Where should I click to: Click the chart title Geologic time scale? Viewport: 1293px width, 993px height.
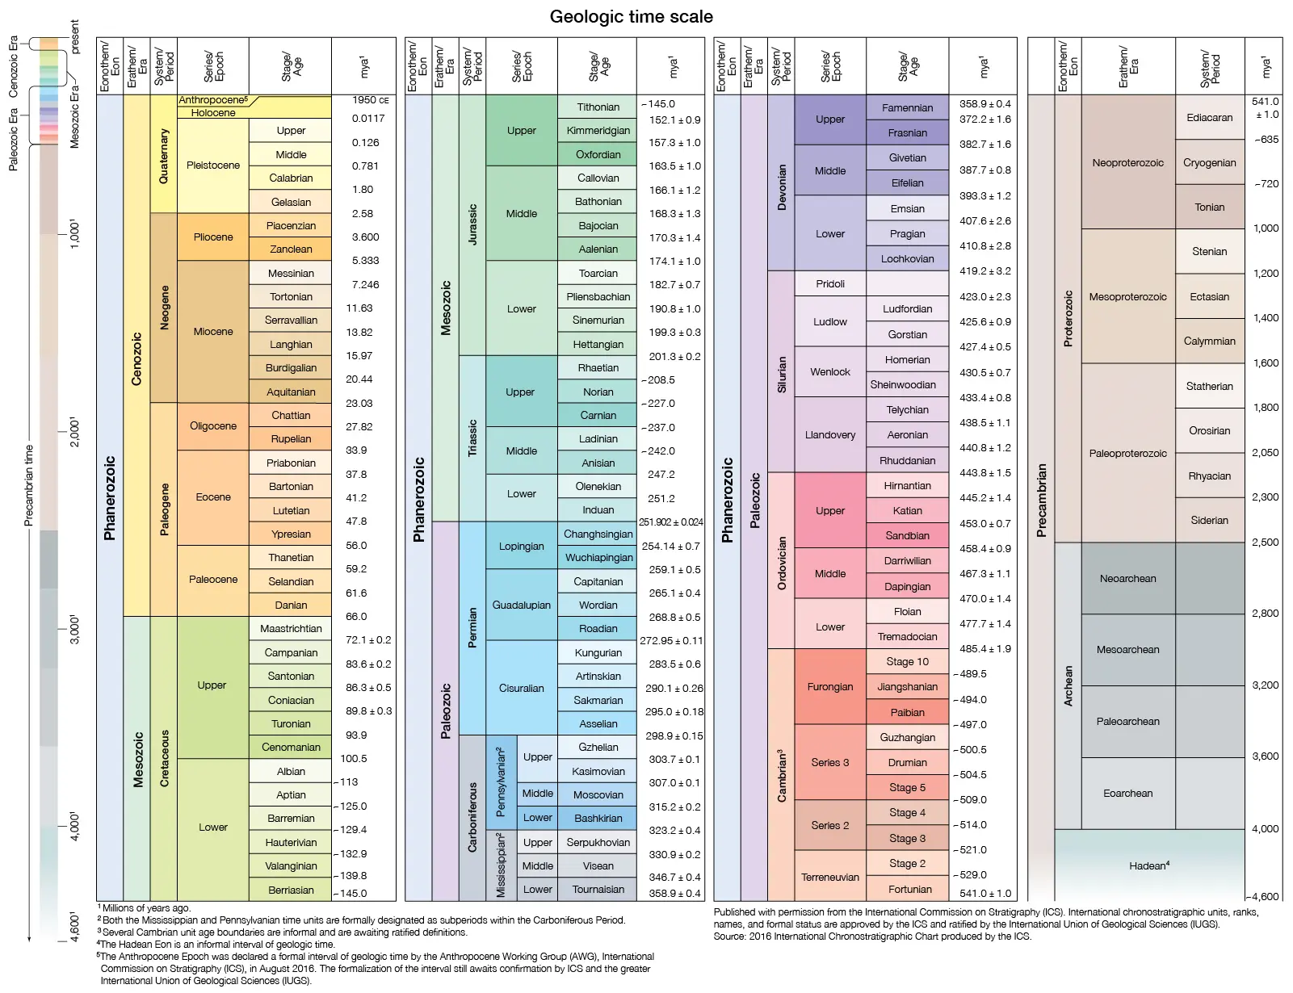(631, 17)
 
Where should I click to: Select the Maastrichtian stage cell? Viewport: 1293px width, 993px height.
(291, 628)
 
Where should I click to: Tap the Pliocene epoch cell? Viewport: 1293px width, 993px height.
(213, 237)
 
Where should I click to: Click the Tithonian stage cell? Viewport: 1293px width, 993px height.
(598, 107)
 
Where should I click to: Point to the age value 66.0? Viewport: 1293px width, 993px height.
(356, 616)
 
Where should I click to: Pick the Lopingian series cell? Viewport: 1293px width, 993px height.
(521, 546)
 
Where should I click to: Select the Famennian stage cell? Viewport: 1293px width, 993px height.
(907, 107)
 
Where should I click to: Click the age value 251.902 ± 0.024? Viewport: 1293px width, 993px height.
(670, 522)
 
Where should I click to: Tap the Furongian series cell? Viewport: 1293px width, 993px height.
(829, 686)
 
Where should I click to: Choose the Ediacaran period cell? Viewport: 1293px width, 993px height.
(1209, 117)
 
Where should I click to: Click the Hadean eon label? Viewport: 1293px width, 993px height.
(1148, 865)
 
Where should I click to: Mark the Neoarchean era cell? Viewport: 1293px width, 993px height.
(1127, 578)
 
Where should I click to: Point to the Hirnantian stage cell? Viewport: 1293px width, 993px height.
(907, 485)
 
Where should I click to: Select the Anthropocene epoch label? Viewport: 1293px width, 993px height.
(213, 100)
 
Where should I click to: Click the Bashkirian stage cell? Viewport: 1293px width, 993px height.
(598, 818)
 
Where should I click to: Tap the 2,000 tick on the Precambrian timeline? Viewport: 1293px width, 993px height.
(74, 432)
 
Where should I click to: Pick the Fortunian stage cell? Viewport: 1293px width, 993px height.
(909, 889)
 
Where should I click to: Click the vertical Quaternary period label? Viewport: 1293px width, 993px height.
(164, 157)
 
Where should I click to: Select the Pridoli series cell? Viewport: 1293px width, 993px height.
(829, 283)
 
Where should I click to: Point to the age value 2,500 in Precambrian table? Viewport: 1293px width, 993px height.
(1265, 542)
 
